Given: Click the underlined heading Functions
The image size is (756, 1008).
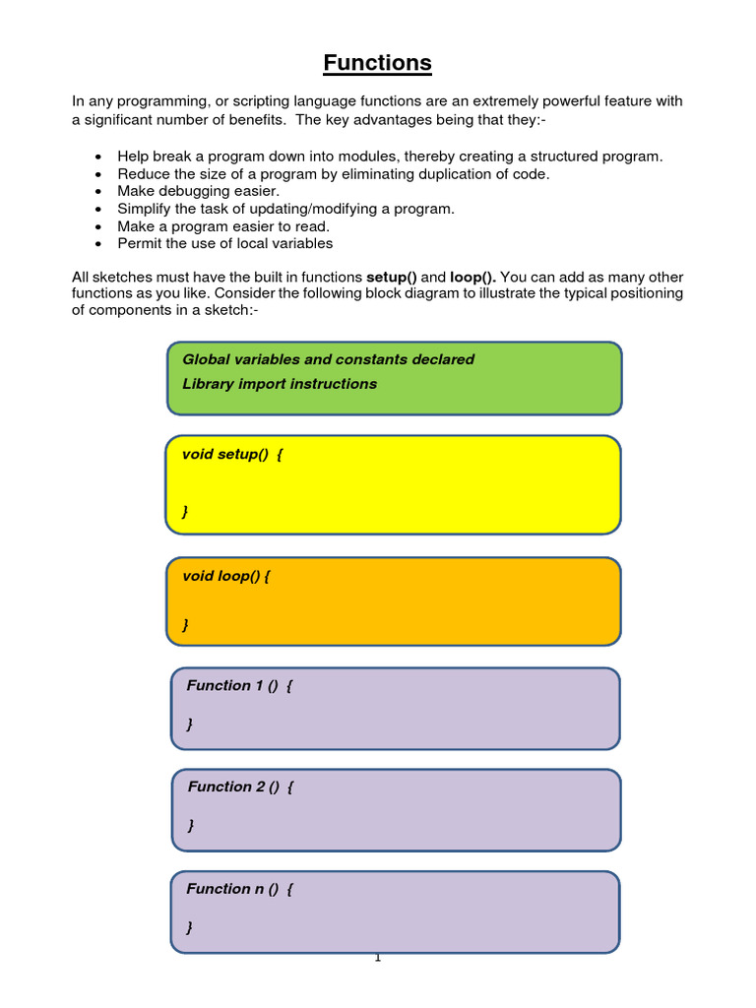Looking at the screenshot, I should click(378, 64).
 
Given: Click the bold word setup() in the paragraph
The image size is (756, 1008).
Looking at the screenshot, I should click(391, 278).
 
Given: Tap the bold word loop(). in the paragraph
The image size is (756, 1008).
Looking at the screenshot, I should click(472, 278).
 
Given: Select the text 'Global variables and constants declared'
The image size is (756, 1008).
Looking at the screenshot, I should click(328, 360).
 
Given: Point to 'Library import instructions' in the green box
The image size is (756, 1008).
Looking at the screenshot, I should click(280, 384).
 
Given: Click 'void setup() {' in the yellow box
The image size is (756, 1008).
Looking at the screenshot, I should click(232, 455).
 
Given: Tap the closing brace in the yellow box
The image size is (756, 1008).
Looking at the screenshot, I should click(185, 511).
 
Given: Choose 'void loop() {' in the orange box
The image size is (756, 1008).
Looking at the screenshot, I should click(225, 576).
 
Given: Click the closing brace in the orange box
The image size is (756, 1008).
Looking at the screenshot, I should click(185, 624).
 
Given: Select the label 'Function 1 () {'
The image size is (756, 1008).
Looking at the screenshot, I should click(239, 686).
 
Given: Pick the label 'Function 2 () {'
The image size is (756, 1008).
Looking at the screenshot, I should click(240, 787).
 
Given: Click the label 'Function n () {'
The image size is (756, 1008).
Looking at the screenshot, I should click(239, 889).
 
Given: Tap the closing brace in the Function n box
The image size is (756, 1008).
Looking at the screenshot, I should click(189, 927).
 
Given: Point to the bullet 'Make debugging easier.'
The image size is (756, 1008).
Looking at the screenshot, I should click(198, 191).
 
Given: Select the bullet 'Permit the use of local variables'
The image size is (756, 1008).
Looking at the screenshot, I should click(224, 243).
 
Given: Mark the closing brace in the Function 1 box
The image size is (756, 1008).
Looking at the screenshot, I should click(189, 724).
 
